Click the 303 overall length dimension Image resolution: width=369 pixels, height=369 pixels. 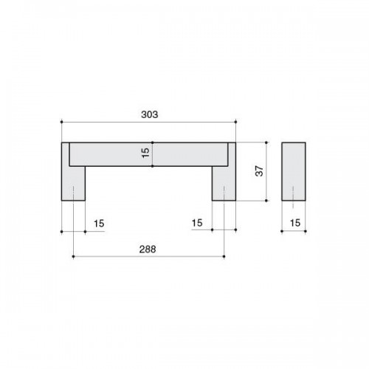tap(150, 114)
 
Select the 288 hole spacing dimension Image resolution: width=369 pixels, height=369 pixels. tap(148, 249)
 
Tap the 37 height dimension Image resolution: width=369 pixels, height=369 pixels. tap(259, 171)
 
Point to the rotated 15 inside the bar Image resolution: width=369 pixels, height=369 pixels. tap(145, 153)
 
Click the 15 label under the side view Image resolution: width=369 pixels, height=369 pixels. tap(295, 223)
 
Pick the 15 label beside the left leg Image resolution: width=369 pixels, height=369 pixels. tap(99, 224)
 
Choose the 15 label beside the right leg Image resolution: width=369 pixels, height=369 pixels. tap(197, 223)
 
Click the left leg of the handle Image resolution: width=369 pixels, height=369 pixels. tap(73, 183)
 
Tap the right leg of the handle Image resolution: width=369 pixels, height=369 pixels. tap(224, 183)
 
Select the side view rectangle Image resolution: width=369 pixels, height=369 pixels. tap(294, 171)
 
